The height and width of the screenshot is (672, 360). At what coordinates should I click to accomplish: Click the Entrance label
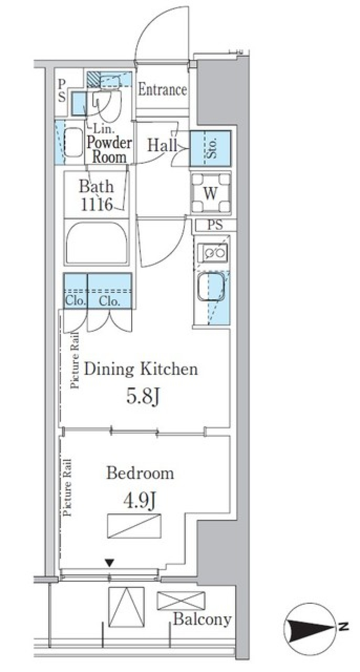pyautogui.click(x=162, y=90)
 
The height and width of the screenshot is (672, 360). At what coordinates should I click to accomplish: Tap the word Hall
pyautogui.click(x=162, y=145)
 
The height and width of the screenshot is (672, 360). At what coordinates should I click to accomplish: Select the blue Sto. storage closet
pyautogui.click(x=210, y=148)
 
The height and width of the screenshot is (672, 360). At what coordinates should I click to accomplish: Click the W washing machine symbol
pyautogui.click(x=210, y=193)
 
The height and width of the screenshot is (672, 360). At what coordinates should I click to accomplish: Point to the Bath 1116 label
pyautogui.click(x=96, y=195)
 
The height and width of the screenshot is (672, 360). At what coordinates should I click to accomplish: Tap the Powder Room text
pyautogui.click(x=109, y=150)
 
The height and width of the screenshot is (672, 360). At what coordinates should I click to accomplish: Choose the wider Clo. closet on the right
pyautogui.click(x=109, y=291)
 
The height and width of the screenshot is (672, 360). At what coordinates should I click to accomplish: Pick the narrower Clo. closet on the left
pyautogui.click(x=75, y=291)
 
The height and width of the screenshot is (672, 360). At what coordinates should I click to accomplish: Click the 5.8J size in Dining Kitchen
pyautogui.click(x=143, y=396)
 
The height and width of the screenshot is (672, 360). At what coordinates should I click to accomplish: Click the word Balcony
pyautogui.click(x=202, y=619)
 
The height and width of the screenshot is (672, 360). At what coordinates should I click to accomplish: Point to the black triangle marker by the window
pyautogui.click(x=109, y=562)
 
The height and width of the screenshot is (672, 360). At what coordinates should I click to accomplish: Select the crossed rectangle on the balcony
pyautogui.click(x=181, y=601)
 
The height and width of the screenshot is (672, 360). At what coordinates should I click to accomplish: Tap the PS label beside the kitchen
pyautogui.click(x=215, y=225)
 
